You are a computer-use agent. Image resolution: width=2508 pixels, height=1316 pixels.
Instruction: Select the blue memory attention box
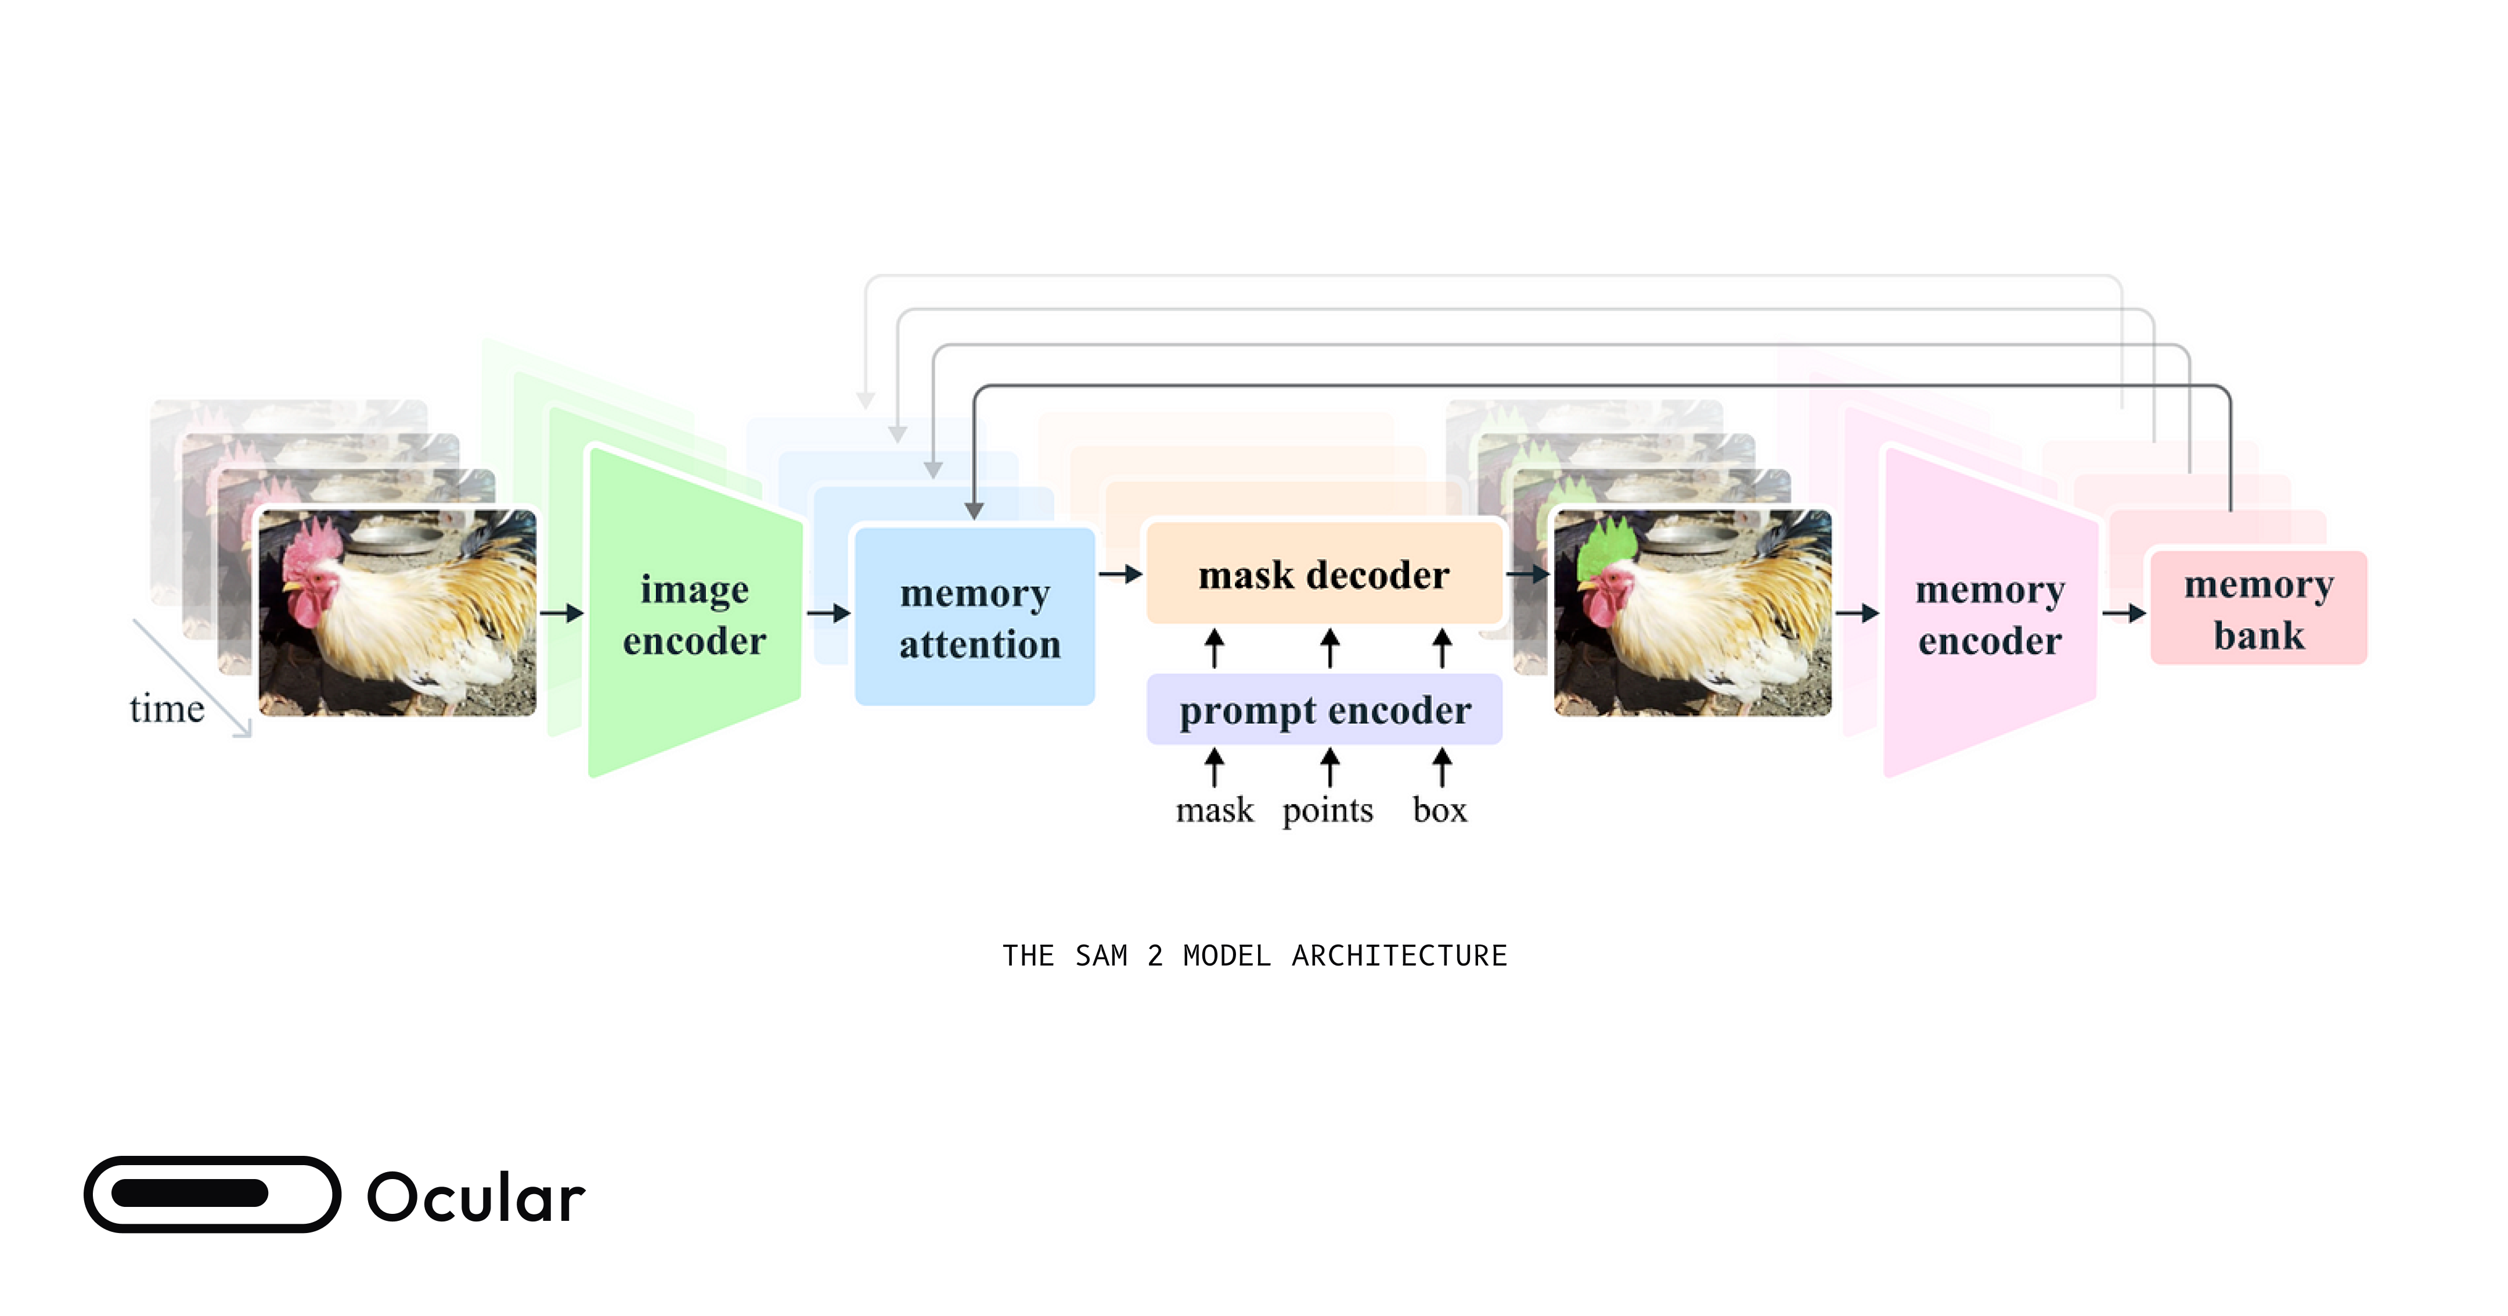point(975,617)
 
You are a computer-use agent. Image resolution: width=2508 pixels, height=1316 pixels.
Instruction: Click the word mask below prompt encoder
point(1214,810)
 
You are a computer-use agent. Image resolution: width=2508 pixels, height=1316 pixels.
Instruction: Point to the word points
point(1327,810)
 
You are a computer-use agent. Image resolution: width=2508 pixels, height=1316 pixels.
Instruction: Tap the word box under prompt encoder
point(1439,810)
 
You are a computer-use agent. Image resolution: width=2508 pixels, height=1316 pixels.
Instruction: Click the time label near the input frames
point(167,708)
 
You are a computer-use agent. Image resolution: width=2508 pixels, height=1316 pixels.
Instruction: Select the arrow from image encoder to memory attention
point(828,613)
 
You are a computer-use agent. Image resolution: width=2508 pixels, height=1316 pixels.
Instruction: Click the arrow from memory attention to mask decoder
point(1120,574)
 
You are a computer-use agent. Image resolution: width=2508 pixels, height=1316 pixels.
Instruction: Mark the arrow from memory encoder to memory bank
point(2124,613)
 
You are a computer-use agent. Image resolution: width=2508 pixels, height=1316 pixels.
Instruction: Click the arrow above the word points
point(1329,767)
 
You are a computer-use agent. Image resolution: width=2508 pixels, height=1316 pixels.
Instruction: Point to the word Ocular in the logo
point(475,1196)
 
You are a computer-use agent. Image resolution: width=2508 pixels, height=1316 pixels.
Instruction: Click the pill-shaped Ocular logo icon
point(212,1194)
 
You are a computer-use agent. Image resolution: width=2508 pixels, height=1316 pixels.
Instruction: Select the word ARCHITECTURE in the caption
point(1399,956)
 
